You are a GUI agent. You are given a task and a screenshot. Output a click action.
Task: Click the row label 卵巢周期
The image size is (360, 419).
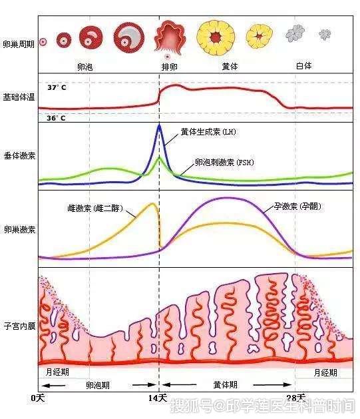tap(19, 44)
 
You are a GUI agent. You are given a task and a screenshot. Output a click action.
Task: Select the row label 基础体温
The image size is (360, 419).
tap(19, 97)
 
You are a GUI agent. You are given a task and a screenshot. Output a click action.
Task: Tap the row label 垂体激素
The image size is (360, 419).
tap(19, 155)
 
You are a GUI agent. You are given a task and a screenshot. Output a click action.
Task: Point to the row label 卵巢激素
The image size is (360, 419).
tap(19, 229)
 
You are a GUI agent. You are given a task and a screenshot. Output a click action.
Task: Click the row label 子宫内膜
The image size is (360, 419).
tap(19, 326)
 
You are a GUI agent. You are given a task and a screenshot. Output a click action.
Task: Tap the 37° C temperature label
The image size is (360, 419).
tap(57, 88)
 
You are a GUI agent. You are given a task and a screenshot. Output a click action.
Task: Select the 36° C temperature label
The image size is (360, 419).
tap(56, 118)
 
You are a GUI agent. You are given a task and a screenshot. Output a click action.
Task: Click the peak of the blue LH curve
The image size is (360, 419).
tap(159, 125)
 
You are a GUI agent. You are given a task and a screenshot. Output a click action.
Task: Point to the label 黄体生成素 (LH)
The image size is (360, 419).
tap(208, 132)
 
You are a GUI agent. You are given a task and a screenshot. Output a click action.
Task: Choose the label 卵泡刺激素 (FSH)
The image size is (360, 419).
tap(224, 162)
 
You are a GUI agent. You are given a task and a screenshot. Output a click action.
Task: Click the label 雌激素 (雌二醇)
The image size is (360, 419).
tap(95, 208)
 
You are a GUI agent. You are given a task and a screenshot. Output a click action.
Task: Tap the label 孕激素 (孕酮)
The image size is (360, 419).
tap(297, 206)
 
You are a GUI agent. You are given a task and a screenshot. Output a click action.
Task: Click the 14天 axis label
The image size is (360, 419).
tap(158, 398)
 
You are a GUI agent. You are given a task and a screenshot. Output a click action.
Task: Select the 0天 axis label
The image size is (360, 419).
tap(38, 398)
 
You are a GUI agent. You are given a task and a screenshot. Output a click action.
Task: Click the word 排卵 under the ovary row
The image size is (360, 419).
tap(169, 67)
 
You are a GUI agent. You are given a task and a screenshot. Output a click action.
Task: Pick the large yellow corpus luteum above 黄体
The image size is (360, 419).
tap(216, 38)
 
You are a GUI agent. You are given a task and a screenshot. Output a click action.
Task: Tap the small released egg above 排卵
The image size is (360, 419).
tap(167, 57)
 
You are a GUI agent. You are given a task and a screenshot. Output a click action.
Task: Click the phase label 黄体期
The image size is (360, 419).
tap(225, 385)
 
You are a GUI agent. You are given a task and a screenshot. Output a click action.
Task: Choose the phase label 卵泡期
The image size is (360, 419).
tap(98, 385)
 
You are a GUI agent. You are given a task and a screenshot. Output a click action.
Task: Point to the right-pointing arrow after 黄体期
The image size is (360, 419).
tap(272, 385)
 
